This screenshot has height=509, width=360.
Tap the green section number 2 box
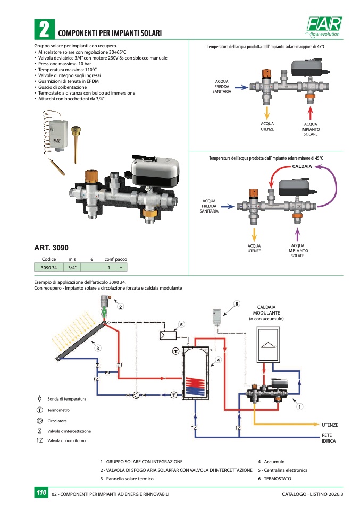click(x=44, y=29)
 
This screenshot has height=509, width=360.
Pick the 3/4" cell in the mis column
click(x=72, y=267)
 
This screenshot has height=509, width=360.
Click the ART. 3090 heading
click(x=51, y=248)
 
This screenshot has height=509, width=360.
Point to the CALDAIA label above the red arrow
click(x=302, y=167)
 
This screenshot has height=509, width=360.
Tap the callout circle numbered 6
click(x=237, y=303)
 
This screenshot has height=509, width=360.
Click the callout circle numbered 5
click(x=181, y=324)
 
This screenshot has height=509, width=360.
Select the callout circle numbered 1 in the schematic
click(x=300, y=406)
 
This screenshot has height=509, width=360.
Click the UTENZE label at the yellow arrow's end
click(x=330, y=425)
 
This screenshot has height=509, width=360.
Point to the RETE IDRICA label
click(x=329, y=438)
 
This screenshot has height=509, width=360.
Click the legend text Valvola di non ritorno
click(x=66, y=440)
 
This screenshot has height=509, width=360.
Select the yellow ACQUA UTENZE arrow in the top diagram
click(x=266, y=113)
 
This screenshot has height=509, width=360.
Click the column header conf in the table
click(x=109, y=259)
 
